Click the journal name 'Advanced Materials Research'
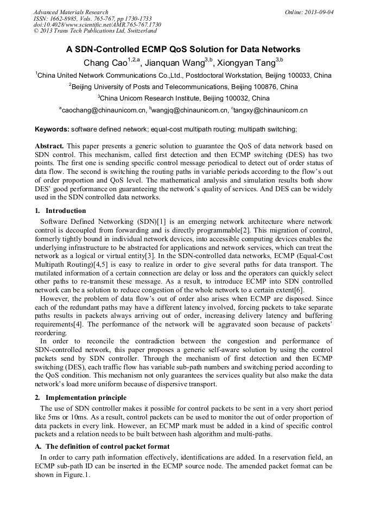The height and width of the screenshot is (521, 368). pos(71,12)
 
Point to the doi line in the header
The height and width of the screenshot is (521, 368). pos(97,25)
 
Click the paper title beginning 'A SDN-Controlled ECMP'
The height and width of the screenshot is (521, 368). pos(183,49)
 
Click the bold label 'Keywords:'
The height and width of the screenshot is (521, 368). pos(52,129)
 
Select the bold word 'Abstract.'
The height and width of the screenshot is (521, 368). pos(49,146)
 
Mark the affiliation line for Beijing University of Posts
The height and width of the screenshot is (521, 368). pos(183,87)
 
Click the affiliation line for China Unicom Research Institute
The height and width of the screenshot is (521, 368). pos(183,98)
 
